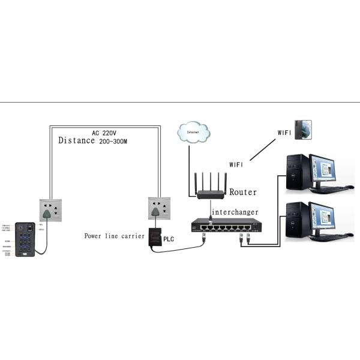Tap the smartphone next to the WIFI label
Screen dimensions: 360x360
point(302,130)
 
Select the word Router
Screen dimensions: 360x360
point(242,193)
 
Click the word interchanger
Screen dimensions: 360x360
point(235,212)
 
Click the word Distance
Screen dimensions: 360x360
point(76,140)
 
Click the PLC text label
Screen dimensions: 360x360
point(169,239)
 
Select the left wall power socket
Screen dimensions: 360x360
point(52,211)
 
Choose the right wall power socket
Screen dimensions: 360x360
point(159,211)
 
